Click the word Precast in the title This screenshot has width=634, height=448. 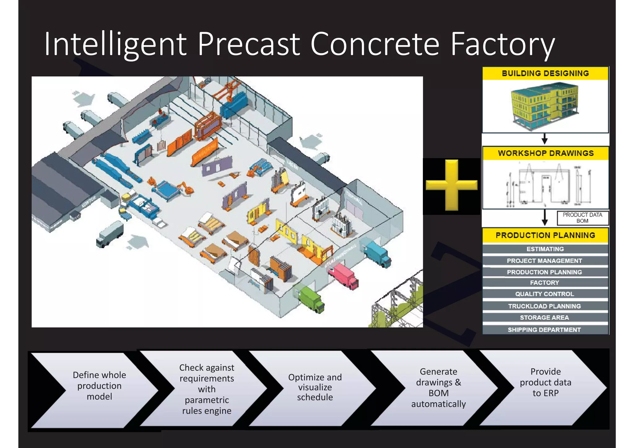[249, 44]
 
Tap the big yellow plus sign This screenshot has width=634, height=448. [451, 185]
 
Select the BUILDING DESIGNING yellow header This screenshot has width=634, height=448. [545, 73]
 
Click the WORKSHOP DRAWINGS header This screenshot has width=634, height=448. [545, 153]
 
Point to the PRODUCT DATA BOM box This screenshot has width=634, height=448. [582, 218]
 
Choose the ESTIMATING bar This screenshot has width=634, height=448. [545, 249]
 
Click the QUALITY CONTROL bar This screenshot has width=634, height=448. [545, 294]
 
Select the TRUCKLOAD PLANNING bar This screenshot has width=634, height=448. [545, 306]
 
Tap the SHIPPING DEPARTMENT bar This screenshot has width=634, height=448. [545, 330]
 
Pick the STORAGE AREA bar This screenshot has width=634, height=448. [545, 318]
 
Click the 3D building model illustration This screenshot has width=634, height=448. [545, 105]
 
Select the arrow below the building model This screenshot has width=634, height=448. [545, 139]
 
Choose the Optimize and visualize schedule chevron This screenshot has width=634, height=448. [315, 387]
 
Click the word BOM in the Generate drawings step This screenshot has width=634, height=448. [438, 393]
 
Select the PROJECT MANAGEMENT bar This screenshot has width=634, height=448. [545, 261]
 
